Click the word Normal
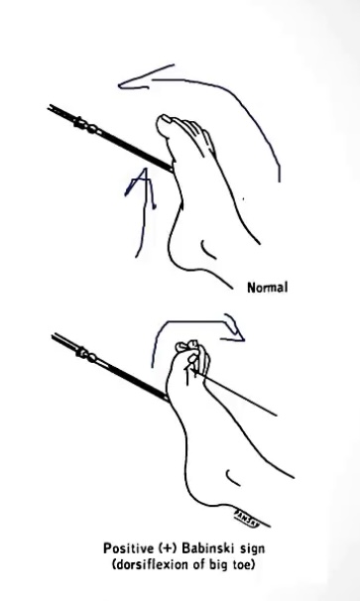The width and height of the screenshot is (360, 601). [267, 290]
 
